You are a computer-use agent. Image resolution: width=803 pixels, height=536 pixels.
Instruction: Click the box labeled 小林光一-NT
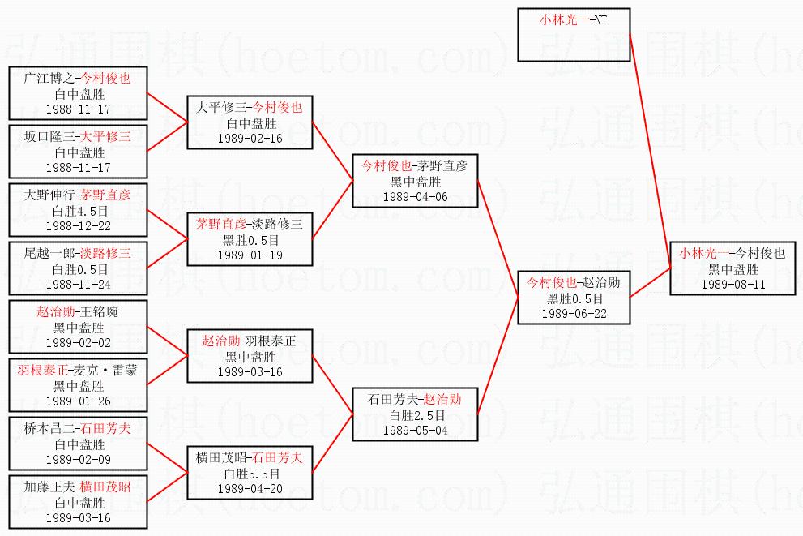coord(574,34)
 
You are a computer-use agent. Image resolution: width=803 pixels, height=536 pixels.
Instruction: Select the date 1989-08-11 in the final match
coord(733,285)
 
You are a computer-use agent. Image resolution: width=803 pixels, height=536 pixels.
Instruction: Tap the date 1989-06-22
coord(574,314)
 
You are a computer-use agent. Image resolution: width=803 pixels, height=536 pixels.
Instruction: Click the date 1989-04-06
coord(414,196)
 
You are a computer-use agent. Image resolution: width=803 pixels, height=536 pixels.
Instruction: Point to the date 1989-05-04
coord(414,430)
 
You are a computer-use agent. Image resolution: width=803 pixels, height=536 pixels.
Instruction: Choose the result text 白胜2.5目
coord(414,414)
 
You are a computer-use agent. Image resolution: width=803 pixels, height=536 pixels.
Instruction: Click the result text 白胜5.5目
coord(250,474)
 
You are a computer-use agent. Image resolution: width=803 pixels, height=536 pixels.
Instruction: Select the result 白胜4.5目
coord(78,210)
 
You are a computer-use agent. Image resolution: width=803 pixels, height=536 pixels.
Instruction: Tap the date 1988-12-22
coord(78,226)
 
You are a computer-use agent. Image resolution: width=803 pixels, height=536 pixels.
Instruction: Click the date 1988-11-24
coord(78,285)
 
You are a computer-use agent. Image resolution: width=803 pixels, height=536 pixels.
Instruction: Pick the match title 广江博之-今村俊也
coord(78,78)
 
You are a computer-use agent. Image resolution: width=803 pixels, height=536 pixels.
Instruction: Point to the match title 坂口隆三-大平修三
coord(78,136)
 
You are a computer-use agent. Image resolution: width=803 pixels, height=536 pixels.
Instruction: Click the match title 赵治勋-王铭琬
coord(78,311)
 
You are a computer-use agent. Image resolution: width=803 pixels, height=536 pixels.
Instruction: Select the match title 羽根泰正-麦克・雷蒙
coord(78,370)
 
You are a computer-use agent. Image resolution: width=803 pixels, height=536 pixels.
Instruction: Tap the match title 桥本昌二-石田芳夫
coord(78,429)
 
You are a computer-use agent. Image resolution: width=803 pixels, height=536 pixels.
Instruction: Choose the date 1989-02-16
coord(250,138)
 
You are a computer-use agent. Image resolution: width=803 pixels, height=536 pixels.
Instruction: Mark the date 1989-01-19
coord(250,255)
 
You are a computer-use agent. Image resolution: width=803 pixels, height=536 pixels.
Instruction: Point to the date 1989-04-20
coord(250,489)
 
